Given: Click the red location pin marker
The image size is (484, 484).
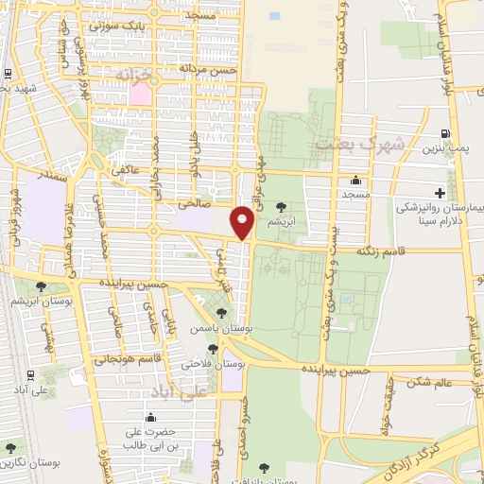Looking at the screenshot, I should coord(243,222).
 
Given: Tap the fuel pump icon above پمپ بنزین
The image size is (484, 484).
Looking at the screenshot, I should coord(446,134).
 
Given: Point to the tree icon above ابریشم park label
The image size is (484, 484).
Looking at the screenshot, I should coord(280,206).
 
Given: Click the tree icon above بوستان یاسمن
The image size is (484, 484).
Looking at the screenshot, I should coord(221,313).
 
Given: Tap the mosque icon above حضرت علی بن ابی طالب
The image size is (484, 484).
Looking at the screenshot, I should coord(150,417).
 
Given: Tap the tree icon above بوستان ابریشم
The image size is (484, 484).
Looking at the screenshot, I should coord(39,286).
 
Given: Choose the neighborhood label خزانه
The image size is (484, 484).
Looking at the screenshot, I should coord(132,73).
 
